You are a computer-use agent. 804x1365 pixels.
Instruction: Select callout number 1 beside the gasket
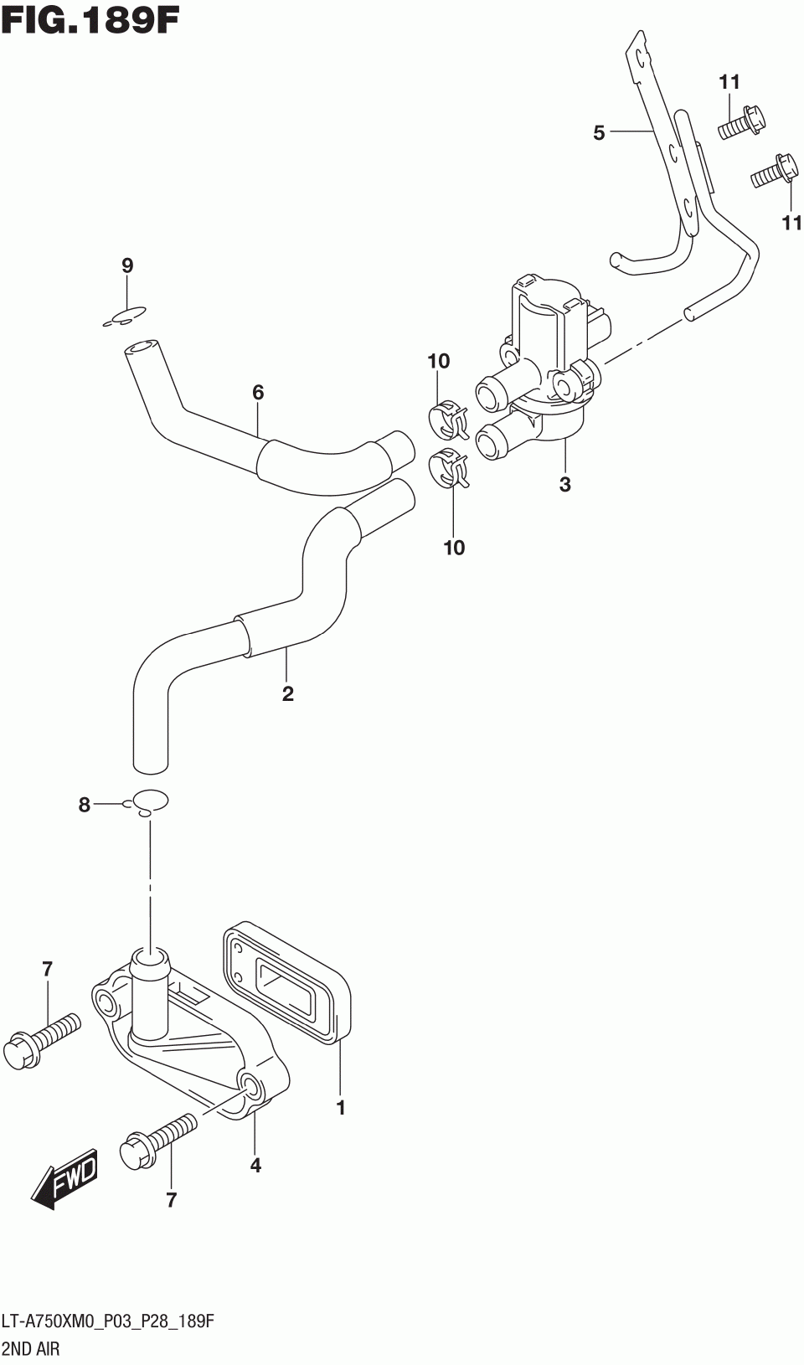point(341,1108)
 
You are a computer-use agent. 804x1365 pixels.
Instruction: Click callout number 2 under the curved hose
point(288,693)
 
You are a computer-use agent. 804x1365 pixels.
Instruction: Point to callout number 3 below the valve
point(565,484)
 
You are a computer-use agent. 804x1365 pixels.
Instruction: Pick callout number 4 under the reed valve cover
point(255,1165)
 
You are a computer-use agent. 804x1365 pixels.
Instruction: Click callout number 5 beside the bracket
point(599,132)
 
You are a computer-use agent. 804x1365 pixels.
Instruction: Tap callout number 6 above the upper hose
point(258,391)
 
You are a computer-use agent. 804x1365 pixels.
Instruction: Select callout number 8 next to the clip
point(84,806)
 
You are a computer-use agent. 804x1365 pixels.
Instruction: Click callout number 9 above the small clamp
point(127,266)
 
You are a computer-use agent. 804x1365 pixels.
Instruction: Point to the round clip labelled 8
point(150,801)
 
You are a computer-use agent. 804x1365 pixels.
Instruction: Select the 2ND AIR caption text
point(31,1349)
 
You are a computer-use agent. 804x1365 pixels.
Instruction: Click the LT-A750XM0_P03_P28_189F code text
point(108,1322)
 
